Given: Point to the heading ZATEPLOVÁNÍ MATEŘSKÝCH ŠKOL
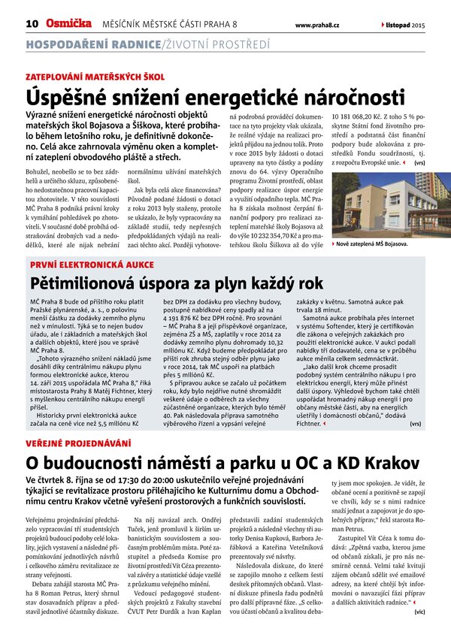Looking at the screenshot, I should tap(95, 77).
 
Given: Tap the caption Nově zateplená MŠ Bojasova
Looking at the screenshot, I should tap(372, 243).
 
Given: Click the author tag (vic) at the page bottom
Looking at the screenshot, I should tap(419, 612).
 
